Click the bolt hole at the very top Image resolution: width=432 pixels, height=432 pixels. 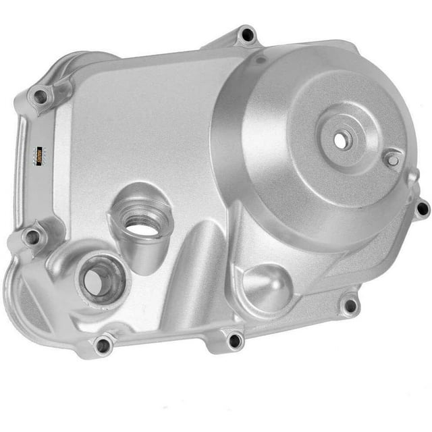click(x=247, y=34)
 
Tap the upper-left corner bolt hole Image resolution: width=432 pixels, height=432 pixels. click(x=41, y=97)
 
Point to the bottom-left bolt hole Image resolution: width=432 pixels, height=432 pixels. click(x=103, y=346)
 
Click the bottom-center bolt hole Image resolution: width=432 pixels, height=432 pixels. click(x=234, y=340)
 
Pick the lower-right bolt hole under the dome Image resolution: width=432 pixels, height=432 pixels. click(x=349, y=306)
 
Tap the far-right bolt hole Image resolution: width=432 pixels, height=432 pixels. click(x=422, y=209)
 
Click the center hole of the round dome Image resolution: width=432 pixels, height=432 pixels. click(x=339, y=140)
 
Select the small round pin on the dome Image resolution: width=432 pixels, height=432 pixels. click(x=391, y=159)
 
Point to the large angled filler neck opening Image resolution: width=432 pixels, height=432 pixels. click(x=143, y=223)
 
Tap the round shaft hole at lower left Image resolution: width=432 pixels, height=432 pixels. click(x=99, y=278)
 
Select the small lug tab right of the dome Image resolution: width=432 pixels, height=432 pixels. click(x=412, y=178)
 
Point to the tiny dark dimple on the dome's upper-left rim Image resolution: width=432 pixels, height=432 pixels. click(x=261, y=61)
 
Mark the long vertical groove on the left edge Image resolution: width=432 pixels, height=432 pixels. click(x=24, y=169)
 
